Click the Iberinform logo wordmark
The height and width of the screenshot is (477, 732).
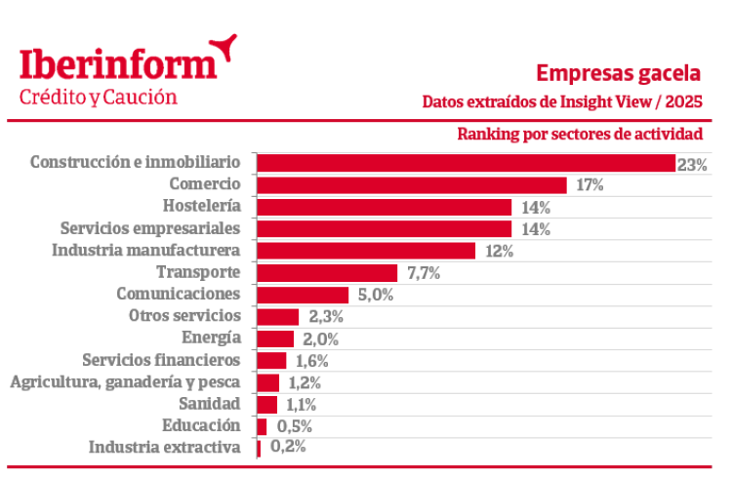point(117,63)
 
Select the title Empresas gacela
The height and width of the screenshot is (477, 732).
point(618,74)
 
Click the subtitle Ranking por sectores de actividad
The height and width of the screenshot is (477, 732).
point(579,134)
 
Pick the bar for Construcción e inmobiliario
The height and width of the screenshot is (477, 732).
point(466,163)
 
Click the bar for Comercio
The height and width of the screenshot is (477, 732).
point(411,185)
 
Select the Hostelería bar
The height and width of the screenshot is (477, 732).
point(384,207)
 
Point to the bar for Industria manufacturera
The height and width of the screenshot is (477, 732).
point(365,251)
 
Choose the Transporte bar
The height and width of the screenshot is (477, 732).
point(327,273)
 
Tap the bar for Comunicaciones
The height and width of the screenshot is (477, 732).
point(303,295)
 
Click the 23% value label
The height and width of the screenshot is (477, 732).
point(692,164)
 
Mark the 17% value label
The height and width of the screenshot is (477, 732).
point(590,185)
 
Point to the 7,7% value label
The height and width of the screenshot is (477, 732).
point(424,273)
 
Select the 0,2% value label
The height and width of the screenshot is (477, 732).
point(288,447)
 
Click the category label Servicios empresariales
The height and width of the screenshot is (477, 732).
point(149,228)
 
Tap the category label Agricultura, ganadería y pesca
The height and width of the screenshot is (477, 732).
point(125,381)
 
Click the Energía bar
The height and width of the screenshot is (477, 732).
point(274,338)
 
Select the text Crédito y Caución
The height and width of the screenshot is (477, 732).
point(99,98)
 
